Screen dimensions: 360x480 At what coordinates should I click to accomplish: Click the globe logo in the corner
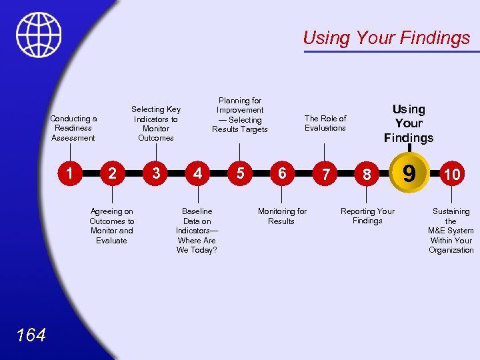tap(39, 35)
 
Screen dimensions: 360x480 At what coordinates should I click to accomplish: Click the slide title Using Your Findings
tap(386, 38)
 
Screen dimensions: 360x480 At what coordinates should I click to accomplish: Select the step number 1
tap(69, 173)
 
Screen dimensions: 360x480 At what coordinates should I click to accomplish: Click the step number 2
tap(112, 173)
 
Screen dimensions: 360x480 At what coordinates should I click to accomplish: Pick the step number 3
tap(155, 173)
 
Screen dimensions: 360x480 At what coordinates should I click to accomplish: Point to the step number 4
tap(197, 173)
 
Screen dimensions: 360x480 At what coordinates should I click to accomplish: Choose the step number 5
tap(240, 173)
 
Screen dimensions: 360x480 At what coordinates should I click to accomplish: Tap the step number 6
tap(282, 173)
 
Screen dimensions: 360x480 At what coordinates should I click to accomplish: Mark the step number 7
tap(325, 174)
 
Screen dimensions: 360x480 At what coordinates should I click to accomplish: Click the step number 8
tap(367, 174)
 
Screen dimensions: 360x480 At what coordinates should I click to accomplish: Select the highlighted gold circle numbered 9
tap(409, 173)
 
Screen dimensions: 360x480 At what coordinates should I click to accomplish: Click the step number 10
tap(451, 174)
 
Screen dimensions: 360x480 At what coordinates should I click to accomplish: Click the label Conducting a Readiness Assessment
tap(73, 128)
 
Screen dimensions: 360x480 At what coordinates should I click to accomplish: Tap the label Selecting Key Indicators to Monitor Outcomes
tap(156, 123)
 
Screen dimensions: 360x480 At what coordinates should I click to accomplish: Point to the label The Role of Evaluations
tap(325, 123)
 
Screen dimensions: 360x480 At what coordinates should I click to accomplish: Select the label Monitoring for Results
tap(282, 216)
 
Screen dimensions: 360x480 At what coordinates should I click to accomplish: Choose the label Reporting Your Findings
tap(367, 216)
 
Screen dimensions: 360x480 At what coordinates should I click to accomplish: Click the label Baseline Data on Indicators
tap(197, 231)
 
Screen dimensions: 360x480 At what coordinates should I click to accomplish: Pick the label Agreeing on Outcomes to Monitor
tap(111, 226)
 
